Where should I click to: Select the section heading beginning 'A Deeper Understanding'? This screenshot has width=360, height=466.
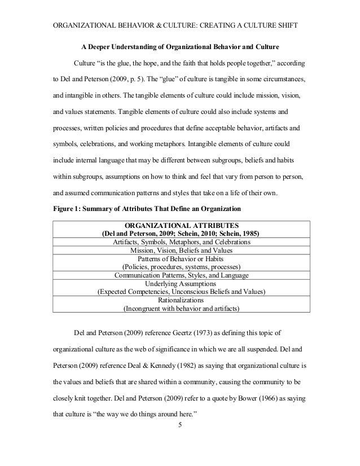point(181,46)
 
